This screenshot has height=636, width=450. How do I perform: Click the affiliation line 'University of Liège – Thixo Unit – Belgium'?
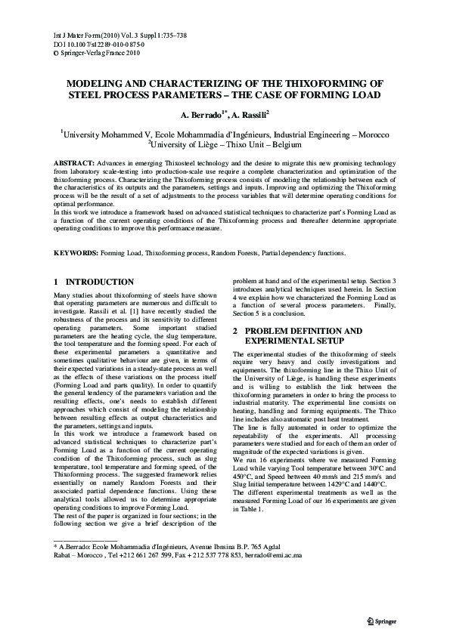[225, 144]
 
